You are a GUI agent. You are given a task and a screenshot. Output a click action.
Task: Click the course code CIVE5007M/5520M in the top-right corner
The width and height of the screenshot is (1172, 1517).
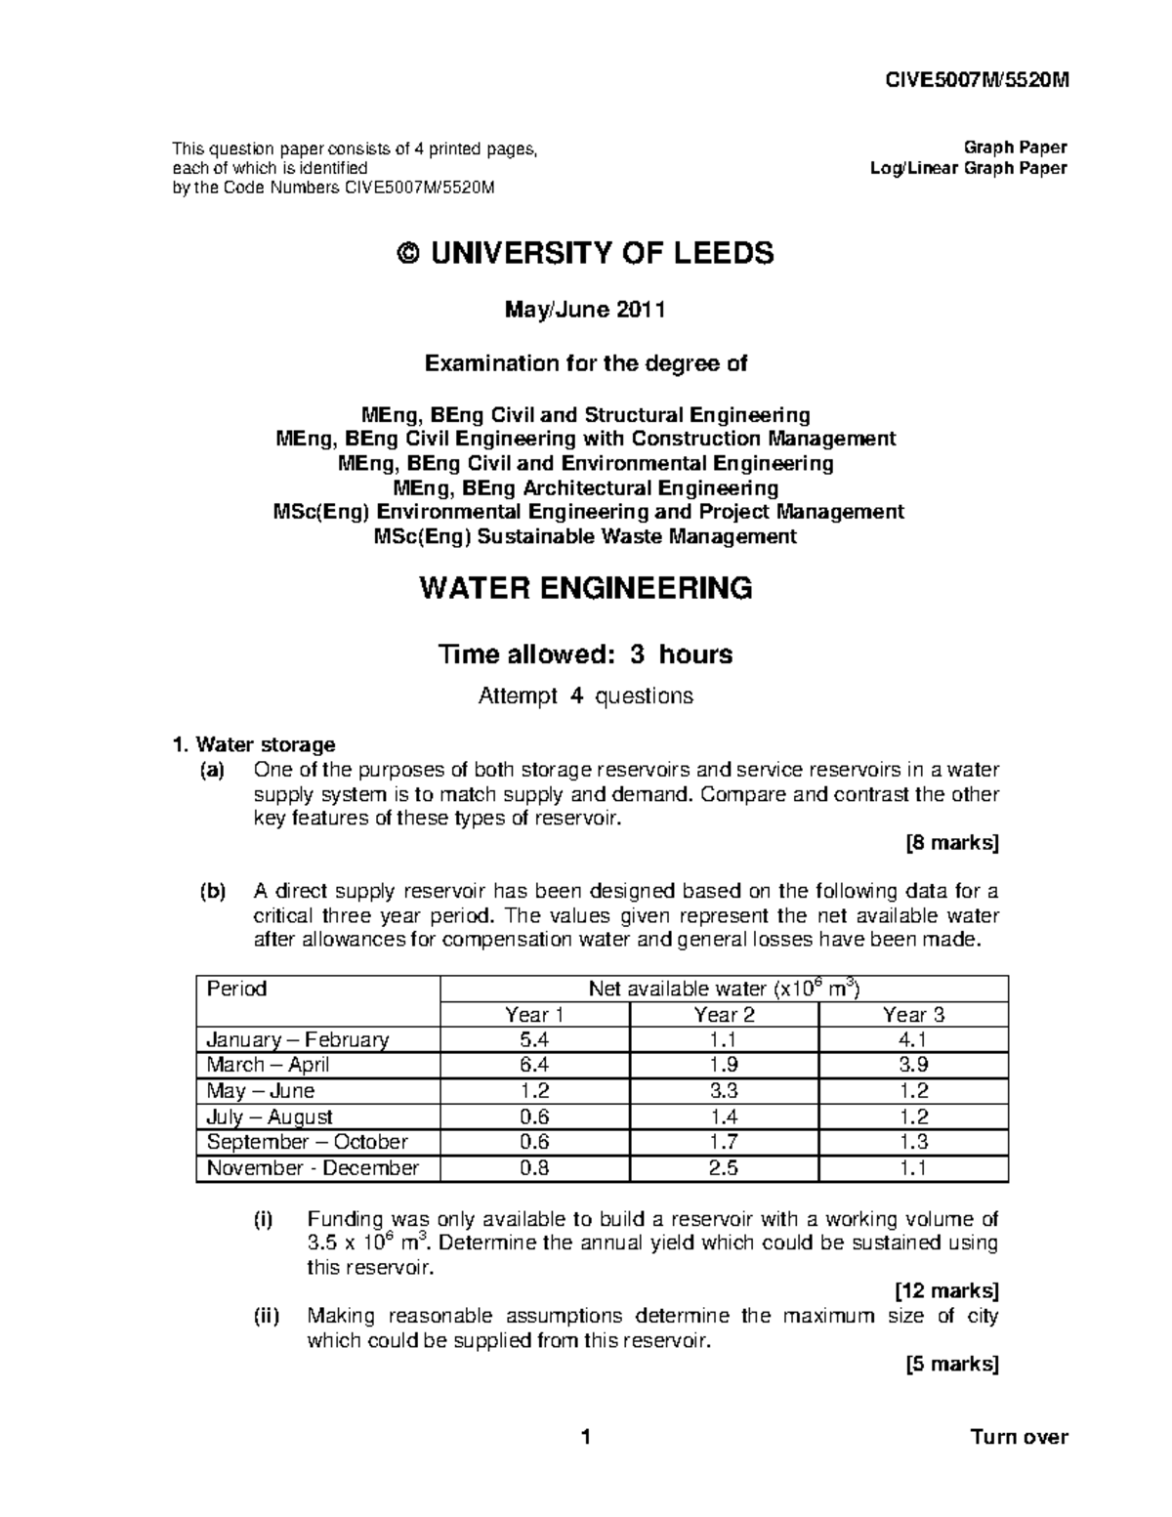(x=985, y=81)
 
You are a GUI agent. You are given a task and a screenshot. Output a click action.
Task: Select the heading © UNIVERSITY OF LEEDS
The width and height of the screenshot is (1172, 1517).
(x=586, y=254)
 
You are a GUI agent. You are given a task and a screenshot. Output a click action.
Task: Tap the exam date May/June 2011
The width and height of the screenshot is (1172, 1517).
(x=585, y=311)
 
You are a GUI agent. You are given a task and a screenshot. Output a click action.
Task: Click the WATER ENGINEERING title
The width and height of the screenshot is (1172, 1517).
(x=585, y=589)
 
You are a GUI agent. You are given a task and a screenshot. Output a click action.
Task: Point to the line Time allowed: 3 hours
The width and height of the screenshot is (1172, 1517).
(x=585, y=653)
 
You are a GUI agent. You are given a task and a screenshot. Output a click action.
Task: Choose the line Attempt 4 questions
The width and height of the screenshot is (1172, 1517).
(x=585, y=696)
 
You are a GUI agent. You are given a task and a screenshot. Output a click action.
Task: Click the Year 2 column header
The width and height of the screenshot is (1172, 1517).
(x=724, y=1014)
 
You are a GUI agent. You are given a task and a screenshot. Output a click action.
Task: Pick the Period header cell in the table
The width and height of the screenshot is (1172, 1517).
(x=237, y=989)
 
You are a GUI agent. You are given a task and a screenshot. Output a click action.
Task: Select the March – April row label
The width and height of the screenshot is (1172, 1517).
(x=268, y=1065)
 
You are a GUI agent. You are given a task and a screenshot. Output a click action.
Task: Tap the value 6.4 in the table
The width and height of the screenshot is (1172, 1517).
(x=534, y=1065)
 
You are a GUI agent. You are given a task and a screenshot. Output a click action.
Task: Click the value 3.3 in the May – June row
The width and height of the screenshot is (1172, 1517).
(x=724, y=1091)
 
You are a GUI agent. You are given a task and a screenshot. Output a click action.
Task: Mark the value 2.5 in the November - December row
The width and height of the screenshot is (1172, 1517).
(x=724, y=1167)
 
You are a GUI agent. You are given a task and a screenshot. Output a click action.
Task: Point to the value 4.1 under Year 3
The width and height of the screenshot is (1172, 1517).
(x=913, y=1039)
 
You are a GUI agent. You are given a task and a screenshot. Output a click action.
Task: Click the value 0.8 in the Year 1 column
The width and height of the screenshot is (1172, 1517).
(x=534, y=1167)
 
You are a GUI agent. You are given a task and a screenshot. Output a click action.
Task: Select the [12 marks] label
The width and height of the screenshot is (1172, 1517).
(x=946, y=1291)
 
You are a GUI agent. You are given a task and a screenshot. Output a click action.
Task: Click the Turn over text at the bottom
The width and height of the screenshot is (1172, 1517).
(x=1019, y=1437)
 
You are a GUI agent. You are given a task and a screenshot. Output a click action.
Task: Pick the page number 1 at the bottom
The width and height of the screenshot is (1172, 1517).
(x=585, y=1437)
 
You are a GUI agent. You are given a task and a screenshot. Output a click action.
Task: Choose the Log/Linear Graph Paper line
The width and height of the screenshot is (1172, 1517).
(x=968, y=168)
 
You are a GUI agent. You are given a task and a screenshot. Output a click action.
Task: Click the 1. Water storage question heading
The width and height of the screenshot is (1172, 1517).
(x=254, y=745)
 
